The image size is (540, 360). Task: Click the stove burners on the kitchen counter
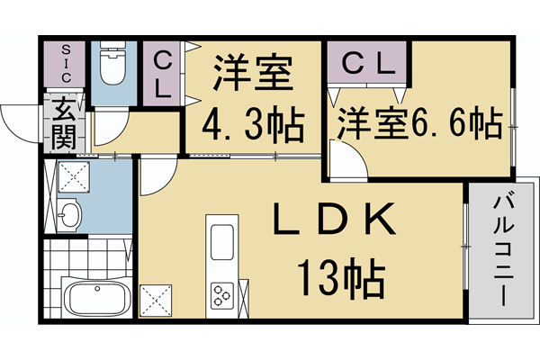(x=221, y=294)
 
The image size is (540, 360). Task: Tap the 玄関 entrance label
(x=66, y=123)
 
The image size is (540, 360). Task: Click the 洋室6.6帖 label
(x=418, y=124)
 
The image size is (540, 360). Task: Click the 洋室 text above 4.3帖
(x=252, y=73)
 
